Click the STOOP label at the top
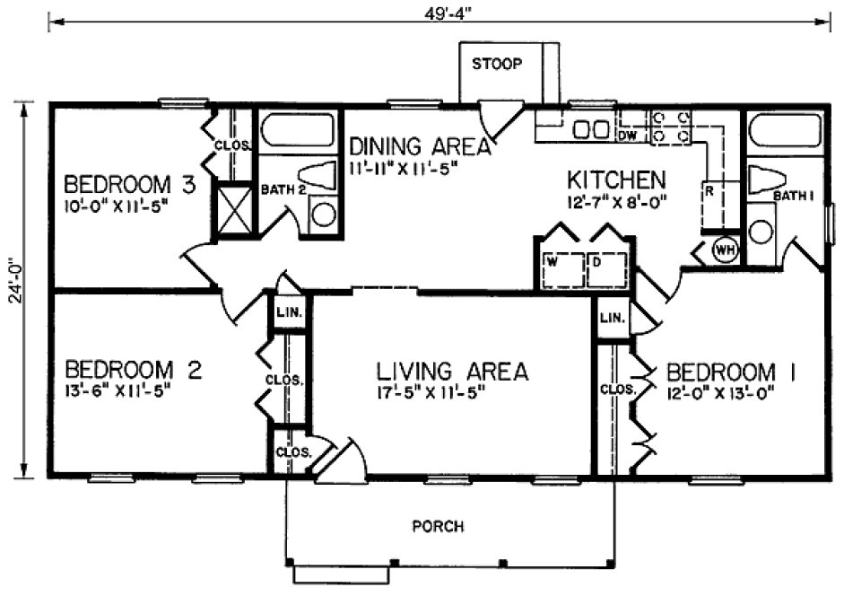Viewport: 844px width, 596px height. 496,65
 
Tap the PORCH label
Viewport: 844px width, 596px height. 438,526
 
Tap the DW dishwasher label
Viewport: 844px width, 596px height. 628,136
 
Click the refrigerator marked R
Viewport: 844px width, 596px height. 709,192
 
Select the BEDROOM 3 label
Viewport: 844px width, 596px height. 129,185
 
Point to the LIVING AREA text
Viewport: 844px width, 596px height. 451,370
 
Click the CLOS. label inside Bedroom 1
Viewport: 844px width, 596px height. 618,390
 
